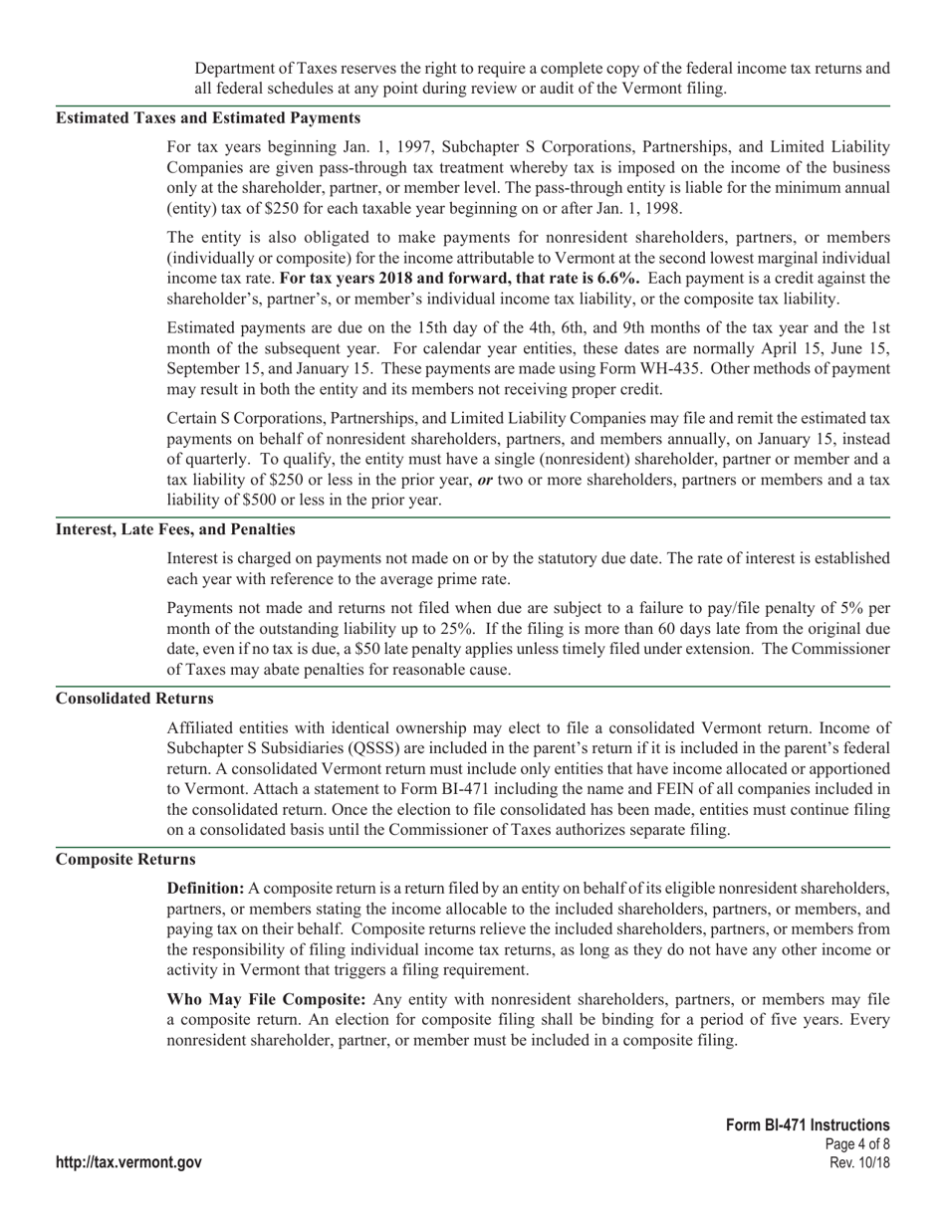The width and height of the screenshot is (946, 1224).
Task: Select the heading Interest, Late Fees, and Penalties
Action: [x=175, y=528]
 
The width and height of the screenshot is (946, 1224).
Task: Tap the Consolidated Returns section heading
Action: [x=134, y=699]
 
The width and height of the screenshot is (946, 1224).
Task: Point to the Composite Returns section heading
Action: [x=125, y=859]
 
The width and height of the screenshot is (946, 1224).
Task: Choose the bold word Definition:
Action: [x=205, y=888]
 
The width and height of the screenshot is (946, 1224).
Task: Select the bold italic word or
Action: [x=485, y=480]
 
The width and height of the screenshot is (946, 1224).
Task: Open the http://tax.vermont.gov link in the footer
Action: [x=128, y=1162]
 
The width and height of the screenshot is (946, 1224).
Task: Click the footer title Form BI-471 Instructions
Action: [x=808, y=1124]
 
